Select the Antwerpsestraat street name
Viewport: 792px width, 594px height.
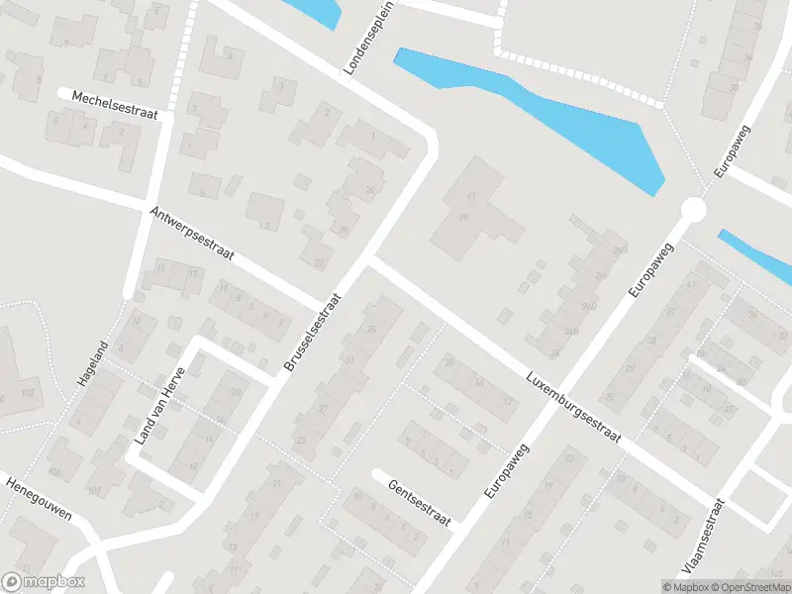pos(192,234)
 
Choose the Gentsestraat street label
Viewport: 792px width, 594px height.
pos(420,503)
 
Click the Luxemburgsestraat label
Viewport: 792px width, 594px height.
pos(573,409)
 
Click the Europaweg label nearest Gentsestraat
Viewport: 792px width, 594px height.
pos(508,469)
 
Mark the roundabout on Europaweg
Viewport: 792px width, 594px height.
pos(693,209)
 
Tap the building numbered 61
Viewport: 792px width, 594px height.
pos(471,198)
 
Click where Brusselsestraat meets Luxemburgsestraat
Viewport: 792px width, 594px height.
pos(367,260)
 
